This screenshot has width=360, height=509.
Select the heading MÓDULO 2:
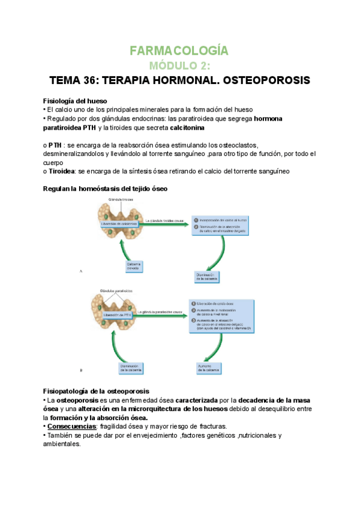pos(179,65)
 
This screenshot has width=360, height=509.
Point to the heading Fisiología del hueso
pos(75,100)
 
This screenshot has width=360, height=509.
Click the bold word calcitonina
pos(187,128)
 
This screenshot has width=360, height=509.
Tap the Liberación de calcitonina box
pos(121,223)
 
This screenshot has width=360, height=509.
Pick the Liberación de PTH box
pos(118,314)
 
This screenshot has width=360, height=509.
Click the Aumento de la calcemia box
pos(206,366)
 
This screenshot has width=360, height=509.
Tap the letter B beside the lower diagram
pos(81,369)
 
